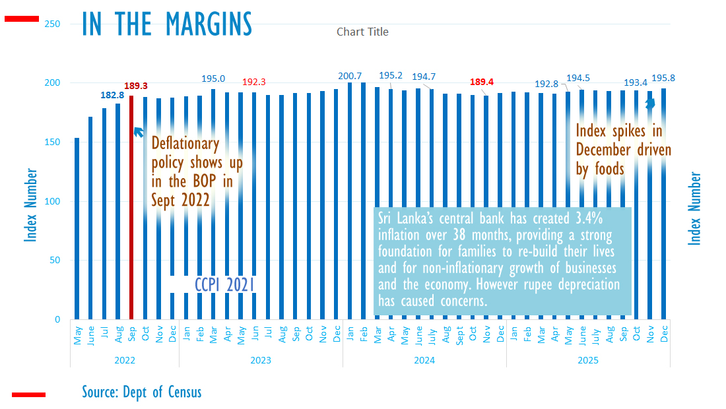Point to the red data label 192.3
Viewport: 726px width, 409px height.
click(254, 82)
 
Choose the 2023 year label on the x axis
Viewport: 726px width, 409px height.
click(261, 360)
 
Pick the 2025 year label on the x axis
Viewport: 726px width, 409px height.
click(588, 360)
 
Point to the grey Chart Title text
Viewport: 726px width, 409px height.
click(362, 32)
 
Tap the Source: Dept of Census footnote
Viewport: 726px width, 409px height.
click(141, 392)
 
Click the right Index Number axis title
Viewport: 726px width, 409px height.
click(694, 209)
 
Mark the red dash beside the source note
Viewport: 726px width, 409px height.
click(28, 394)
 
